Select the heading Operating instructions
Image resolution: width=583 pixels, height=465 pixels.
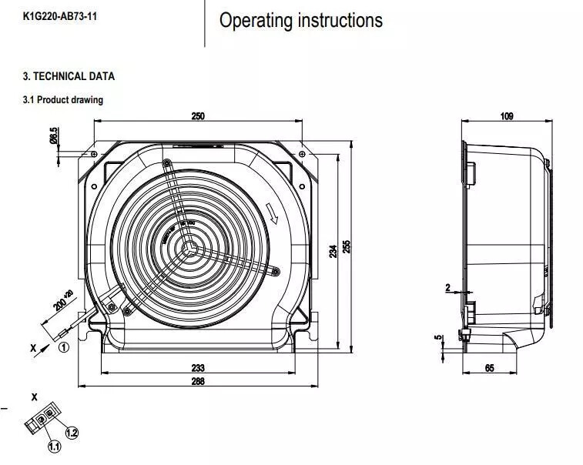[x=300, y=21]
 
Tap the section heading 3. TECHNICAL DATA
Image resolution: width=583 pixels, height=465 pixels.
[x=69, y=76]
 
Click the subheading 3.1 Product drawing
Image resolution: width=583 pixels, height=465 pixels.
[x=62, y=99]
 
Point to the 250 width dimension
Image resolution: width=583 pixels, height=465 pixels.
[x=198, y=116]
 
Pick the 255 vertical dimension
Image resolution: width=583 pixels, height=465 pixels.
[x=347, y=246]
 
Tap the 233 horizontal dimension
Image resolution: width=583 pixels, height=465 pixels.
[x=198, y=368]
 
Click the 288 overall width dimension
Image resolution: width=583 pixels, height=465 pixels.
[x=198, y=382]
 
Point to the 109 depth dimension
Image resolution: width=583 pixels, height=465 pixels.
[x=506, y=116]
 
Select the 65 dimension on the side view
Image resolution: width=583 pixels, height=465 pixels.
[x=490, y=368]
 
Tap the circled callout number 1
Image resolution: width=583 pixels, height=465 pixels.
[x=64, y=346]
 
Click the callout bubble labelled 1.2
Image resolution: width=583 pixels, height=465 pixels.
[x=72, y=433]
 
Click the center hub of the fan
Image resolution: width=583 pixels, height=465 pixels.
[x=186, y=247]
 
